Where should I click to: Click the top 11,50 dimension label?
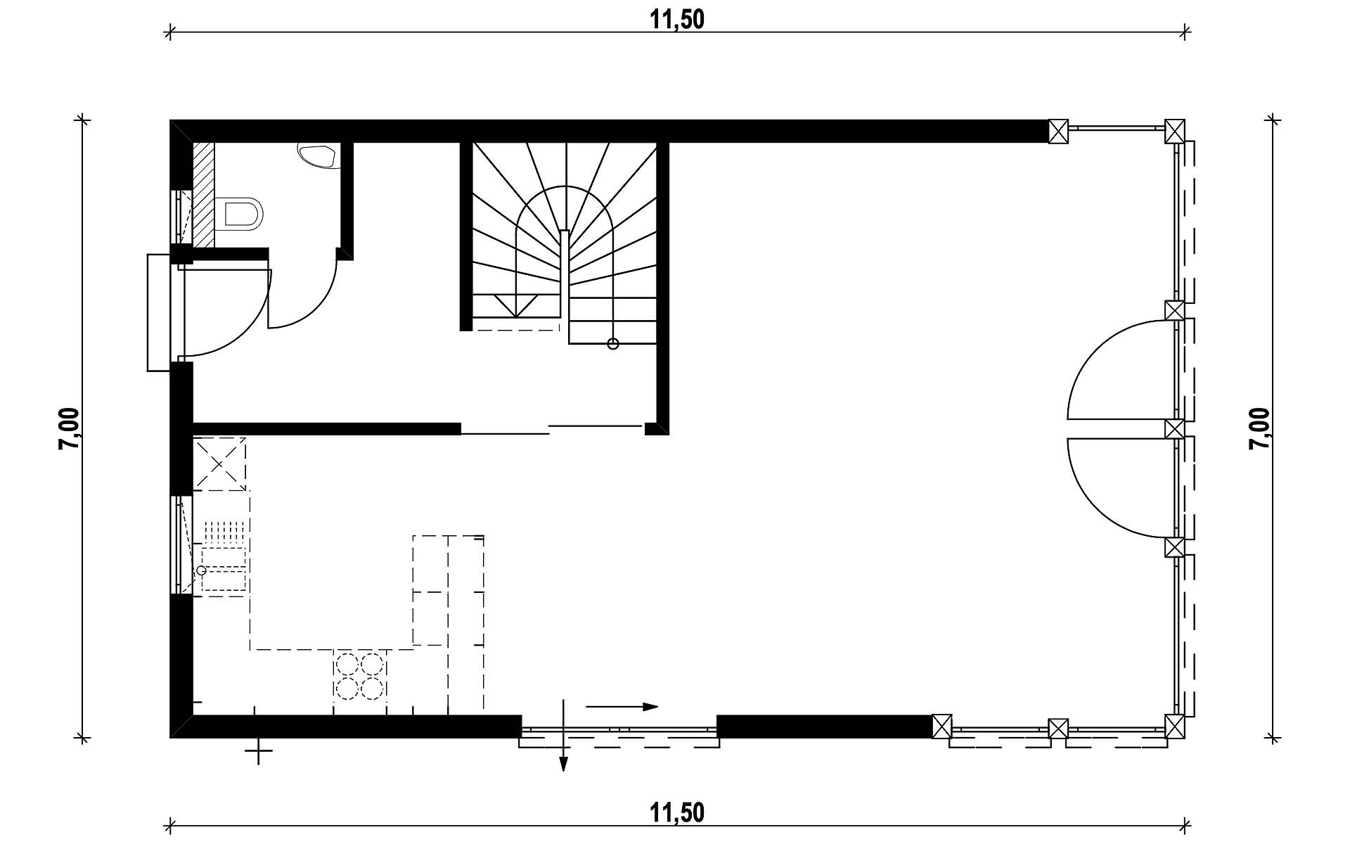tap(676, 20)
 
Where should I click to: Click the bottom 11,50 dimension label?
tap(676, 813)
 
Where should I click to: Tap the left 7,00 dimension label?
tap(71, 429)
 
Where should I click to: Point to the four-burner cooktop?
tap(360, 676)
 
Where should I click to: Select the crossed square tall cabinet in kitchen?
tap(220, 463)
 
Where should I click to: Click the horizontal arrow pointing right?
tap(622, 706)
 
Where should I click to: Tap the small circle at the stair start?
tap(613, 344)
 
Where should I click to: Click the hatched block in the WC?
tap(203, 195)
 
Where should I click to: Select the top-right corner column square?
tap(1174, 131)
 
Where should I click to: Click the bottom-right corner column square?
tap(1174, 725)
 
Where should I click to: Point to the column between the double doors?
tap(1174, 428)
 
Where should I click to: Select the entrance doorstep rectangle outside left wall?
tap(159, 312)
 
